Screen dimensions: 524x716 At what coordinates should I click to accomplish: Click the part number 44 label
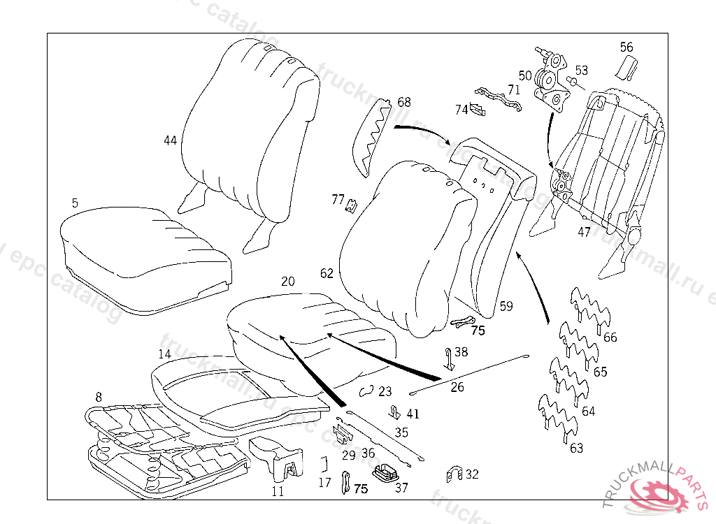point(170,140)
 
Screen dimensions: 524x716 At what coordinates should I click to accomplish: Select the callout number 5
point(75,203)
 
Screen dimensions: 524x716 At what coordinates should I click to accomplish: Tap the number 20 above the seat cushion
point(288,282)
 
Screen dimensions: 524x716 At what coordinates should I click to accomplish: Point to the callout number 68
point(404,102)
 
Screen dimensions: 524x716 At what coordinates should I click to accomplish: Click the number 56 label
point(626,48)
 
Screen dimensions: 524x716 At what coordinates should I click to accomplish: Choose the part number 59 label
point(506,306)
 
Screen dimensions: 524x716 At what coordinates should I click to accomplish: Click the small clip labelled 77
point(352,204)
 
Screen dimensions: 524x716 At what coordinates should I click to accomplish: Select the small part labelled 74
point(478,109)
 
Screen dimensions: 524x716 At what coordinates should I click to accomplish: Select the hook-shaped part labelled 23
point(365,391)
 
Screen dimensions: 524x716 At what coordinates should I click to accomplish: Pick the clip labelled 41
point(395,411)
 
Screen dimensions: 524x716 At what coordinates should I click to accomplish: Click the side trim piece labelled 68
point(370,136)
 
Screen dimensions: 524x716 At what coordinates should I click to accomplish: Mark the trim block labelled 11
point(276,458)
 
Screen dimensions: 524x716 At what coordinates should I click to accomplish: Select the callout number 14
point(164,354)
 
